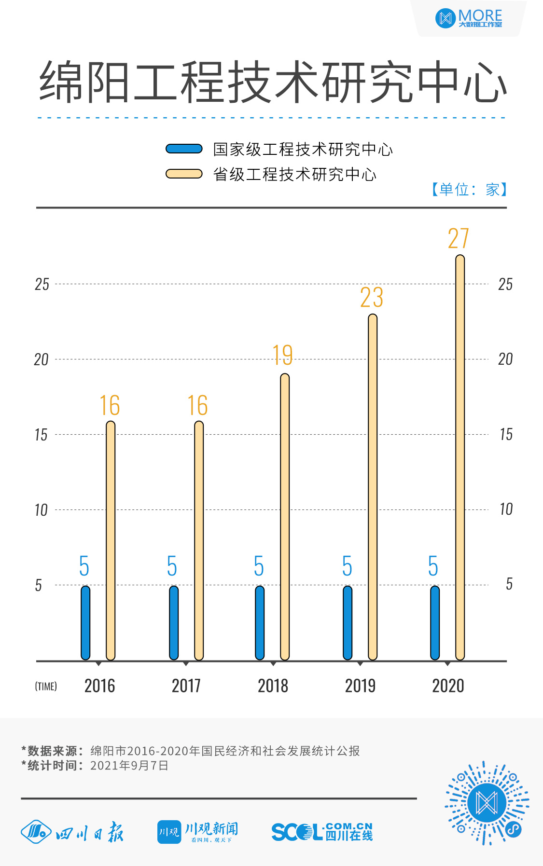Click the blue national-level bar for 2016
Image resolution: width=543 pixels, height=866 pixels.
85,622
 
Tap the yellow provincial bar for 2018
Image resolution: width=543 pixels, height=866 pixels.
285,516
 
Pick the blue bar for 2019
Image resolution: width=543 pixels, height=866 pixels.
348,622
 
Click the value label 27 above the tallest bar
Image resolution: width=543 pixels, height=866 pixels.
459,238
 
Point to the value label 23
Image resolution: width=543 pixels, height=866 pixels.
372,298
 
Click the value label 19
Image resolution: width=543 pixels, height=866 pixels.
283,356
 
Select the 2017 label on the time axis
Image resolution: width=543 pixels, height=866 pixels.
186,686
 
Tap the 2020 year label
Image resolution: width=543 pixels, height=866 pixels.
448,686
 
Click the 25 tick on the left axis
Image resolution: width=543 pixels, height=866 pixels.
42,285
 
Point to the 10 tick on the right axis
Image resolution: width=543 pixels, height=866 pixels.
506,509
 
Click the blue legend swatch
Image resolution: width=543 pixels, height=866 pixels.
184,149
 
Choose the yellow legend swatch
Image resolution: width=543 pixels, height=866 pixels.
184,174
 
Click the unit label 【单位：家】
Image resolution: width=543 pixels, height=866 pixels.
469,190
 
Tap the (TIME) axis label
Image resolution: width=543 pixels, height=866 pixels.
46,687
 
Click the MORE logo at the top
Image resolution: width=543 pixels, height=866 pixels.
469,18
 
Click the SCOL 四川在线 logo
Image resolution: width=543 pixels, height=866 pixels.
322,832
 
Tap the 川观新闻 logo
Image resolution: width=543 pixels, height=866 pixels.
198,832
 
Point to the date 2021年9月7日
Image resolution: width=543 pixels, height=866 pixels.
129,766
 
